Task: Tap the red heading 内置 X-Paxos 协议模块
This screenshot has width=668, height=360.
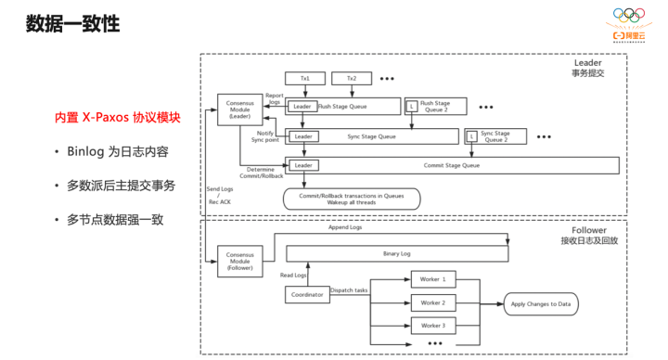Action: point(115,119)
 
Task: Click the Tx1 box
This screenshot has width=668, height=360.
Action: point(304,79)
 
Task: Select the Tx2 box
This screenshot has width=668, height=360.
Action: point(350,79)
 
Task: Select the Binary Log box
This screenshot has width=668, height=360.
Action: point(396,253)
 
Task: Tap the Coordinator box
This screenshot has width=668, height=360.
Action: point(308,295)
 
